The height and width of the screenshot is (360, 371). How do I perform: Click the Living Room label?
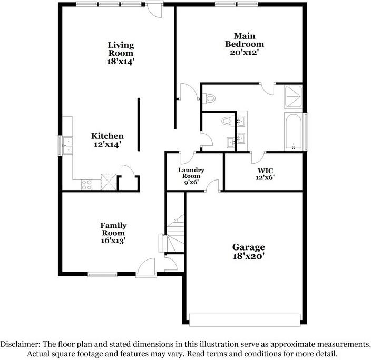[x=121, y=49]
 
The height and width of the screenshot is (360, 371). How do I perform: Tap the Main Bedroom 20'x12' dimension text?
[x=244, y=53]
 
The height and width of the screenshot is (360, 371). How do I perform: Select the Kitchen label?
[x=108, y=136]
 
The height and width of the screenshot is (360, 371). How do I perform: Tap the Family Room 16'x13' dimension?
[x=113, y=241]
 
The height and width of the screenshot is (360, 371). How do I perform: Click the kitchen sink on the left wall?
[x=67, y=145]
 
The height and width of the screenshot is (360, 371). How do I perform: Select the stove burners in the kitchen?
[x=86, y=184]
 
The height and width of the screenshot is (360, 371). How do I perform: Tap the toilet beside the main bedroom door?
[x=210, y=98]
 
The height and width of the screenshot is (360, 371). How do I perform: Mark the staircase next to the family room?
[x=175, y=232]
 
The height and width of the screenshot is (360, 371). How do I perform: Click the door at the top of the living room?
[x=154, y=8]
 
